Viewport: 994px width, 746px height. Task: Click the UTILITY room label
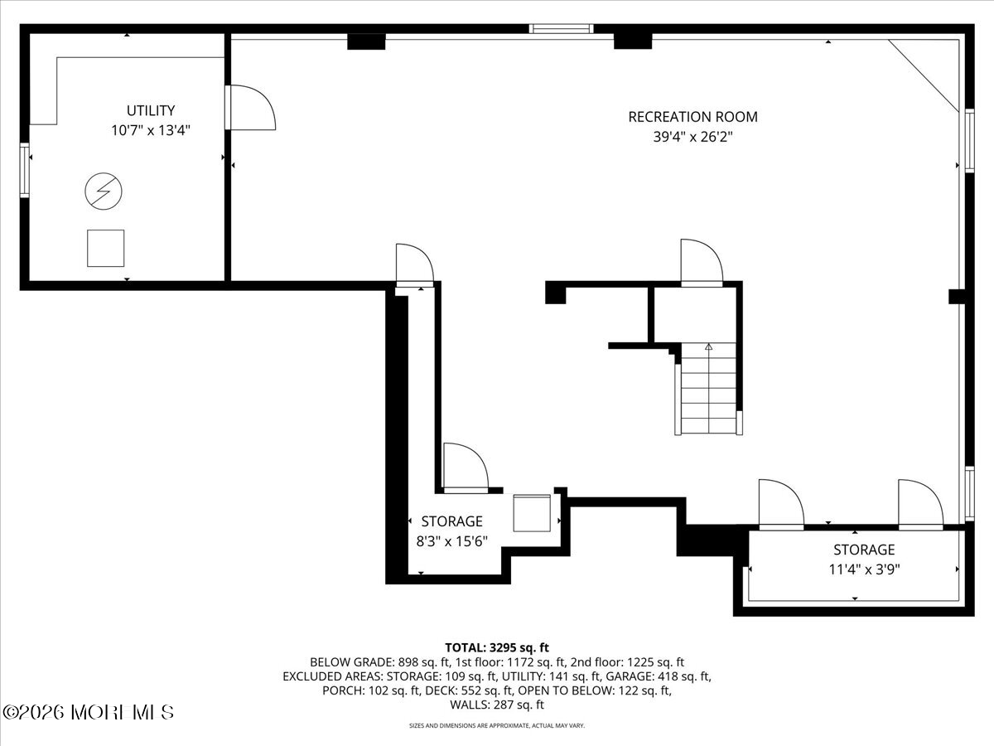pos(150,110)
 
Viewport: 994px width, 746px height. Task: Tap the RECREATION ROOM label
pos(692,117)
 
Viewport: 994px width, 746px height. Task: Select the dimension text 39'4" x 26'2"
pos(692,136)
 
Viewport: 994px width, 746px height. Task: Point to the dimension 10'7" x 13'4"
pos(151,130)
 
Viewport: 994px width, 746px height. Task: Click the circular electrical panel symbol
pos(103,192)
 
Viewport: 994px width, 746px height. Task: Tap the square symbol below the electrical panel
pos(105,248)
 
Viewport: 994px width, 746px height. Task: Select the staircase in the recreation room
pos(708,390)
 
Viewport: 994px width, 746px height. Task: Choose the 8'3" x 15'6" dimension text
pos(451,540)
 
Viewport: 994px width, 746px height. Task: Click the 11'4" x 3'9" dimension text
pos(864,569)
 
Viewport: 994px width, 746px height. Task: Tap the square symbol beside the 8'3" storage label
pos(532,513)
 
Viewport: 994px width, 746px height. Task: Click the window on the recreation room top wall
pos(562,29)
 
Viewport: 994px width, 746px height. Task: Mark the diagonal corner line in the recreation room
pos(924,74)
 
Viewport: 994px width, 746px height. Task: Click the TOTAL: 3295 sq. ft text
pos(497,647)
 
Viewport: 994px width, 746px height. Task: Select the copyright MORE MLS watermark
pos(89,712)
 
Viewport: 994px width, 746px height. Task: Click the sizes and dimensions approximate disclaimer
pos(497,725)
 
